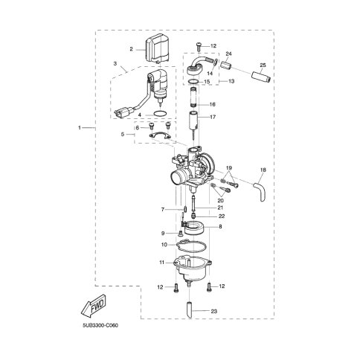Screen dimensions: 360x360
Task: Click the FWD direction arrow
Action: (x=94, y=306)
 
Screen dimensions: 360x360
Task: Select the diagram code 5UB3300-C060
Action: (x=100, y=326)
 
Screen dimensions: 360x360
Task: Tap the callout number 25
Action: (x=263, y=65)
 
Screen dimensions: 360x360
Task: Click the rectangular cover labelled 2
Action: (x=157, y=51)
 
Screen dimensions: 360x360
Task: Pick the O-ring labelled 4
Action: (x=159, y=114)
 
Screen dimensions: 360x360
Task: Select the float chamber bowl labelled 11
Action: (x=193, y=269)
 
